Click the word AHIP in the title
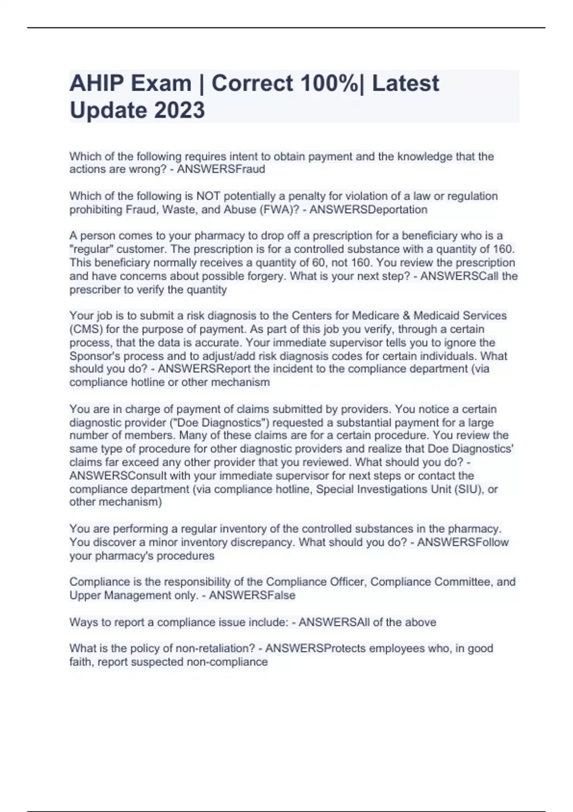tap(96, 83)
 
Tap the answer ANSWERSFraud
tap(221, 169)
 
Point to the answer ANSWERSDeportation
tap(368, 209)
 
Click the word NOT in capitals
tap(208, 196)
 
